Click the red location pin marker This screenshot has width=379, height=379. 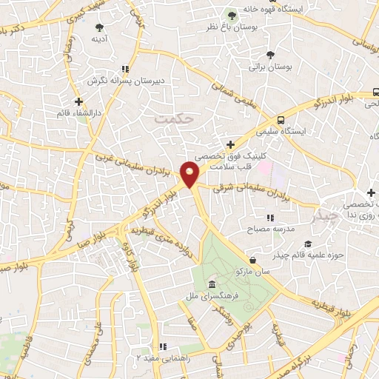coord(190,175)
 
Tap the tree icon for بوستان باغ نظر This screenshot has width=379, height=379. coord(232,15)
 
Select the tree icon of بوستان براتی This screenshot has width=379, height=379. coord(269,54)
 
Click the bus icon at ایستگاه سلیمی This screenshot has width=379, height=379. coord(281,119)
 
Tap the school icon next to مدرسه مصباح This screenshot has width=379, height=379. coord(270,218)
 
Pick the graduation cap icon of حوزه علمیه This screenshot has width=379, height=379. coord(308,244)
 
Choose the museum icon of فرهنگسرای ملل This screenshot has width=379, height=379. coord(212,285)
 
